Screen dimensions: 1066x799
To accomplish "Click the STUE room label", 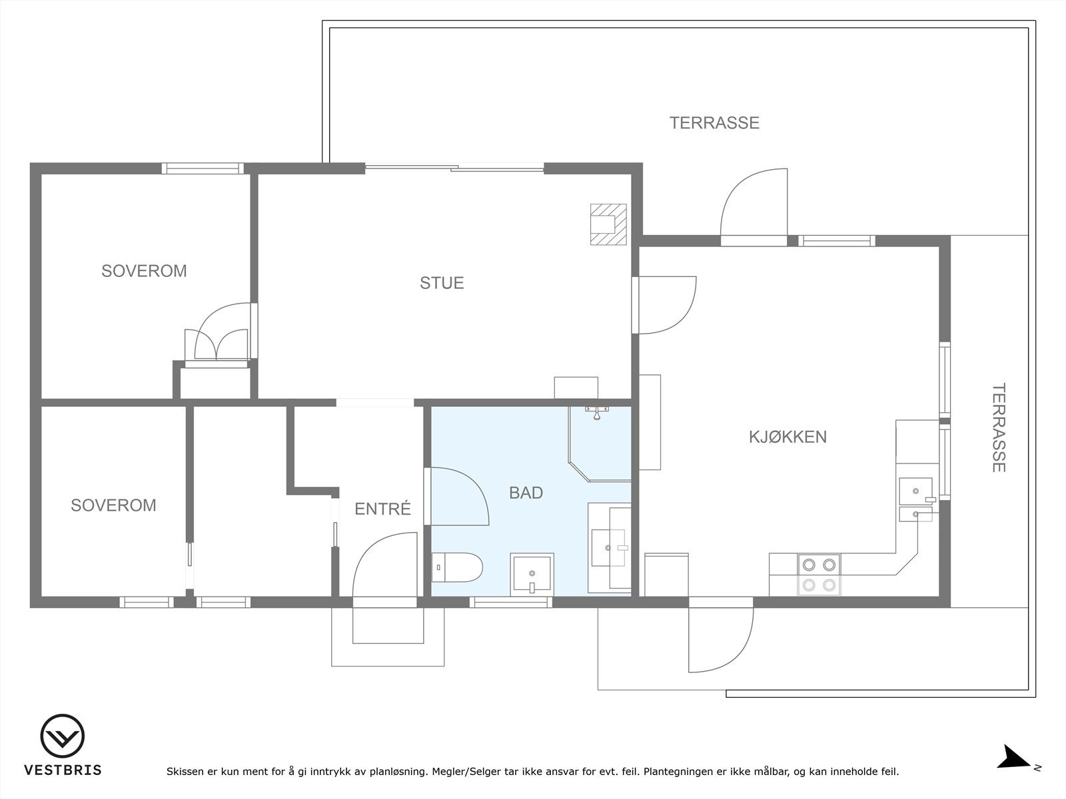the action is coord(442,283).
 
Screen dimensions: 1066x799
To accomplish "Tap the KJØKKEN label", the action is coord(788,437).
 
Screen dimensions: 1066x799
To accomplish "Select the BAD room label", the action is coord(526,493).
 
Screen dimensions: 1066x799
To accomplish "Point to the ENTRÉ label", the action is coord(382,509).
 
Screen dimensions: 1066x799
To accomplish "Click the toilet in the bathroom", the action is coord(456,567).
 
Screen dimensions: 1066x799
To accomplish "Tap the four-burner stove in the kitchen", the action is coord(819,575).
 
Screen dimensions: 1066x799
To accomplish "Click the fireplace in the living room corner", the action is coord(608,224).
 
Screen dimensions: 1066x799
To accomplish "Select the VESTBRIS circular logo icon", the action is coord(62,736).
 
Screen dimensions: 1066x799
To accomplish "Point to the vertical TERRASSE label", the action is coord(999,427).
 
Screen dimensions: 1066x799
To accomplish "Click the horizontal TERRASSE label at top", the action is coord(714,123).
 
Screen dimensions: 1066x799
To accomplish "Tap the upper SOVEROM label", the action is coord(144,271).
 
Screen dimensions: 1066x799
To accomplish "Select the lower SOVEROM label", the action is coord(114,505).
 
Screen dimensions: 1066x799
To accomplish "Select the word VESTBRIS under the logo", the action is coord(63,770).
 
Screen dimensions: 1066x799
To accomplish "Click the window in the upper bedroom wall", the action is coord(203,168).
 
